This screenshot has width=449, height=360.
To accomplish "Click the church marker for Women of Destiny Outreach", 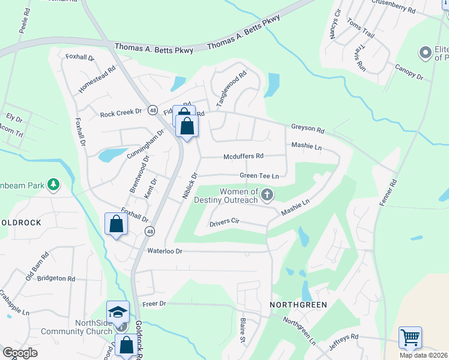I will click(x=267, y=194).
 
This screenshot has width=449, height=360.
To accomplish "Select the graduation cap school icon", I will click(x=118, y=312).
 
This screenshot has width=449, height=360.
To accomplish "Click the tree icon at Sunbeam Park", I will click(x=53, y=184).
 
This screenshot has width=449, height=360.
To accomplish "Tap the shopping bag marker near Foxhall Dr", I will click(x=116, y=224).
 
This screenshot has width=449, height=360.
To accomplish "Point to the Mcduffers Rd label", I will click(x=243, y=156).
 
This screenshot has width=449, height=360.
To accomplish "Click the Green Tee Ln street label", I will click(x=259, y=176).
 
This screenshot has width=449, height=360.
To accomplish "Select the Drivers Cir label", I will click(x=224, y=223).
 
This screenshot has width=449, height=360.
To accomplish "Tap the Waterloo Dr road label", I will click(x=164, y=251).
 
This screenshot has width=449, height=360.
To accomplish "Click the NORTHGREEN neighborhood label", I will click(x=298, y=305).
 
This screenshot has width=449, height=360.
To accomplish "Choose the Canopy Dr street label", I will click(x=409, y=72).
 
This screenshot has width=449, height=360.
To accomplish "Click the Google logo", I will click(x=20, y=352).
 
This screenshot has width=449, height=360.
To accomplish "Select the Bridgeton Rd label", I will click(x=56, y=278).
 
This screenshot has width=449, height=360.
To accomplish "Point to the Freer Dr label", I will click(x=154, y=304).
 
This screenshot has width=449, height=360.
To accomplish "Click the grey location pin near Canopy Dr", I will click(x=426, y=53).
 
